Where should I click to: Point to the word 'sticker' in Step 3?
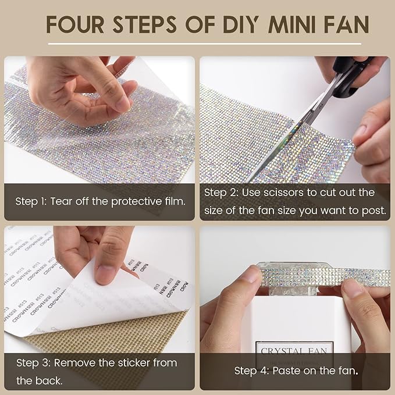[139, 362]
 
